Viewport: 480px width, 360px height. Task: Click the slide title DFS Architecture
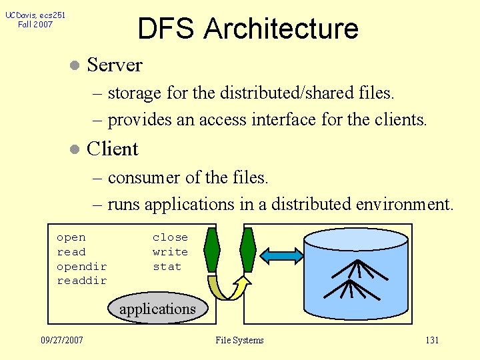[248, 29]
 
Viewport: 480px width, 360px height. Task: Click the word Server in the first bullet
[115, 65]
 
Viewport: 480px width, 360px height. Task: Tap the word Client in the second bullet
[113, 149]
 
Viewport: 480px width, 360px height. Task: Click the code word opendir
[81, 267]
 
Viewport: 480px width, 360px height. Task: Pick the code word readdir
[81, 281]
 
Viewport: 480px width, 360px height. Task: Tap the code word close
[170, 237]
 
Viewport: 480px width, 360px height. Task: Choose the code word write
[170, 252]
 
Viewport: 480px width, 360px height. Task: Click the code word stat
[167, 267]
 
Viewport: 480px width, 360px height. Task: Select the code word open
[71, 237]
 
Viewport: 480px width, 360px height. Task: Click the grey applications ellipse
[157, 309]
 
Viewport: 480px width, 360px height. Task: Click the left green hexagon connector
[212, 250]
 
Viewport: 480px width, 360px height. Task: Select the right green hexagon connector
[247, 250]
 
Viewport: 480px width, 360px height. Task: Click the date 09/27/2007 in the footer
[62, 340]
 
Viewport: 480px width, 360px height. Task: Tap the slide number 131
[432, 340]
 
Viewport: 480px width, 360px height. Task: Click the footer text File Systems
[239, 340]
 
